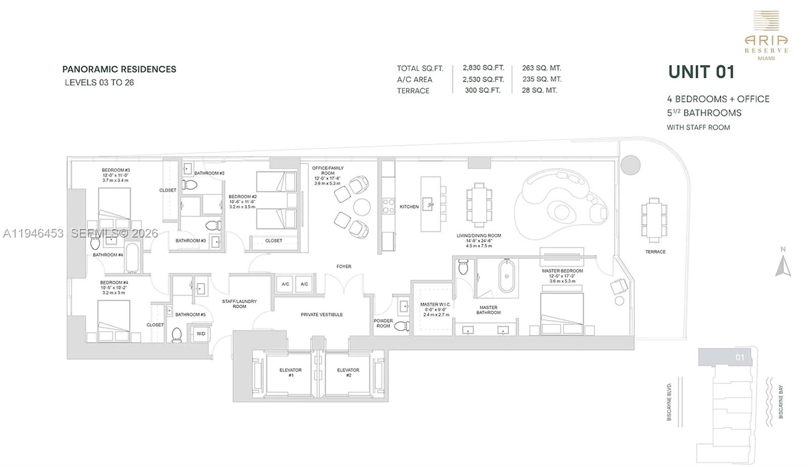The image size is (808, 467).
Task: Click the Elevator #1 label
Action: click(290, 373)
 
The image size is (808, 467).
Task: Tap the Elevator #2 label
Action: click(348, 373)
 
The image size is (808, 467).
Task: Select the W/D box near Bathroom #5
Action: click(201, 334)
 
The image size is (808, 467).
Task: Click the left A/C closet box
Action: click(285, 284)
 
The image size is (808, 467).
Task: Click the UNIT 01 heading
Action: click(701, 72)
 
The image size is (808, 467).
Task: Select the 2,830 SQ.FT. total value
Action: click(483, 68)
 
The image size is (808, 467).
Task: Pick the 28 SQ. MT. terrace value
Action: click(539, 90)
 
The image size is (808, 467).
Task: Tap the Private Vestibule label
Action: click(322, 315)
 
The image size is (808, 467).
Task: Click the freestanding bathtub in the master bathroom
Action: click(508, 276)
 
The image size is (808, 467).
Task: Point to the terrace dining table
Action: click(654, 220)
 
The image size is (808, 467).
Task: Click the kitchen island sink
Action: click(430, 204)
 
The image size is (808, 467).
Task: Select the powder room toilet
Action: click(401, 327)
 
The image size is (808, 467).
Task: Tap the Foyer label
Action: click(344, 266)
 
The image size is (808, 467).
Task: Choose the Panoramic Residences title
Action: click(119, 70)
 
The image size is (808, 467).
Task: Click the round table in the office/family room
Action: click(362, 207)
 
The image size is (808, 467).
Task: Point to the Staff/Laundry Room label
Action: click(239, 304)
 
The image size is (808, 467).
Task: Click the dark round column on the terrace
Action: click(630, 165)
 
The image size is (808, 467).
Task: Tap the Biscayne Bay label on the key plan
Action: click(781, 402)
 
